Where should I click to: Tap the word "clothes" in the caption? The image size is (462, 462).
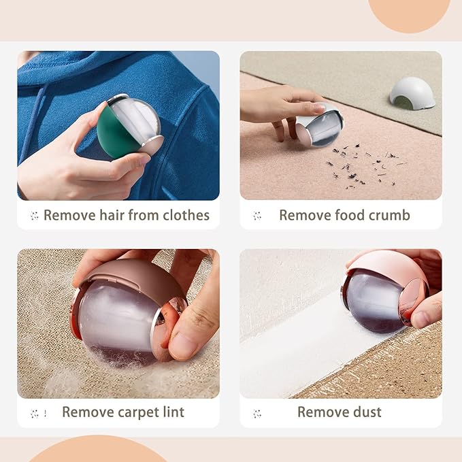[x=186, y=215]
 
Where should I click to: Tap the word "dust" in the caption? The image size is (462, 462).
[x=367, y=412]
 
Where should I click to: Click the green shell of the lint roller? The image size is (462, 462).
[x=114, y=133]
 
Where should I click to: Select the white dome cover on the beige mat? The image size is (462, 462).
[x=412, y=93]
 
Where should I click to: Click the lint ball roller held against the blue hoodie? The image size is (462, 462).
[x=130, y=127]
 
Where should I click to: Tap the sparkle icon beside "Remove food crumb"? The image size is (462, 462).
[x=257, y=216]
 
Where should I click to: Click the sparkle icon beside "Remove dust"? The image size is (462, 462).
[x=257, y=414]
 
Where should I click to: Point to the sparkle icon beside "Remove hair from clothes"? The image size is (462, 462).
[x=34, y=216]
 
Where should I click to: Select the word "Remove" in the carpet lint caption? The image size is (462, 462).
[x=88, y=412]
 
